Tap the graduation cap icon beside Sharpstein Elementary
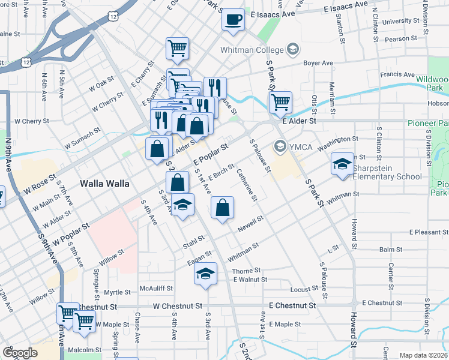tap(342, 164)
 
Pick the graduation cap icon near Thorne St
tap(205, 274)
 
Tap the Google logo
tap(20, 353)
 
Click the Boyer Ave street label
tap(318, 62)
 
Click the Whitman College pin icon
tap(293, 49)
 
